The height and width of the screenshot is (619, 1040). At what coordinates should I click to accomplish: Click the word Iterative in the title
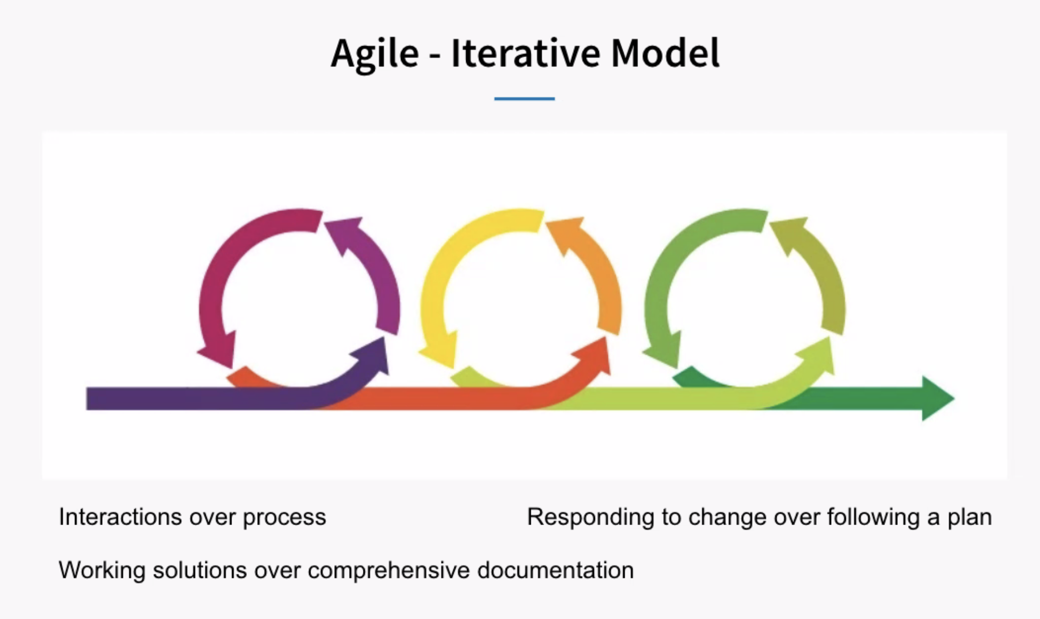coord(525,53)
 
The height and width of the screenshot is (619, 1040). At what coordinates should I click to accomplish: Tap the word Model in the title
coord(665,53)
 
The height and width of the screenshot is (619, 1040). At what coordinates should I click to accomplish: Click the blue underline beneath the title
coord(524,98)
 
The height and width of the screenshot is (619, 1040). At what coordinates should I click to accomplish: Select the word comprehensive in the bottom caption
coord(389,571)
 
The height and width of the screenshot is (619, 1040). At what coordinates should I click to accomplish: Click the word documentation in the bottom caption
coord(555,570)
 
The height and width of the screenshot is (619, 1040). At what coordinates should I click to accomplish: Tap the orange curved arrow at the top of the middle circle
coord(595,267)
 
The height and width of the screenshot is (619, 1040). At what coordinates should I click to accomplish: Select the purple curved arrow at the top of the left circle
coord(375,267)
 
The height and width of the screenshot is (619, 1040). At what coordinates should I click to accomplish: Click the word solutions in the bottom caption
coord(200,570)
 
